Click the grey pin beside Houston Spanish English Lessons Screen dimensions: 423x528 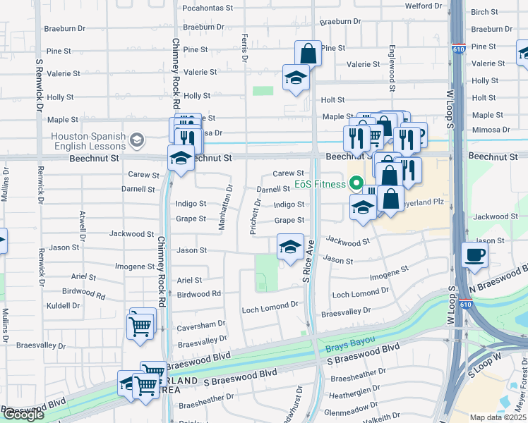137,140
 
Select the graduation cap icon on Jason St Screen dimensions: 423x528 289,247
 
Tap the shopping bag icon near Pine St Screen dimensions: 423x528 308,53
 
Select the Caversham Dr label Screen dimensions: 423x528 201,324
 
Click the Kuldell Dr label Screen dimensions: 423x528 63,306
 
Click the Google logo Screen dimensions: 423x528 23,415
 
